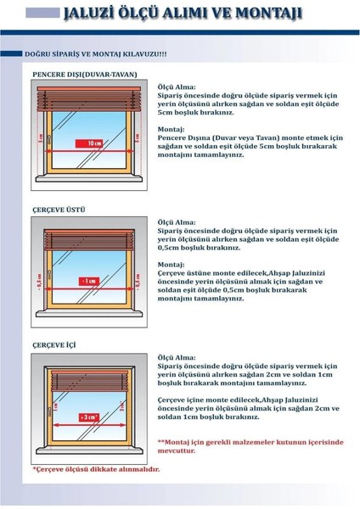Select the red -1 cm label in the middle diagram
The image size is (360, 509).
pos(87,280)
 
